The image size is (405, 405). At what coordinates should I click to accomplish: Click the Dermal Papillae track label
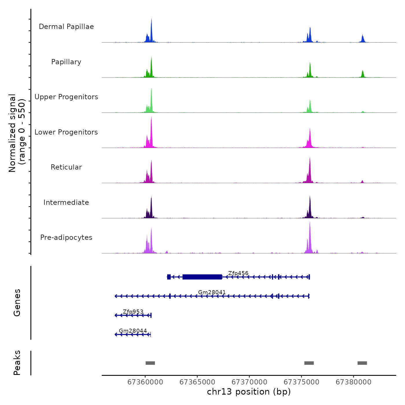pos(66,27)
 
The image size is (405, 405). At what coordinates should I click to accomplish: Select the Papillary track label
pos(66,62)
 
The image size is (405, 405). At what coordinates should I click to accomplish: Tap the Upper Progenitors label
pos(66,97)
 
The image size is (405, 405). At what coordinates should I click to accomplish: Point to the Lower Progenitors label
pos(66,132)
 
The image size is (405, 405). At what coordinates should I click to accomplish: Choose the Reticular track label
pos(66,167)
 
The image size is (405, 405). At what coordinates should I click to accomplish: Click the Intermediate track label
pos(66,203)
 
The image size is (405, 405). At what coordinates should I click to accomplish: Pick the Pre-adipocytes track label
pos(66,238)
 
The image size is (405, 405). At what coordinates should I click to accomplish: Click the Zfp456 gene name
pos(238,273)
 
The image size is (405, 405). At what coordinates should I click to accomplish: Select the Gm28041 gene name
pos(212,292)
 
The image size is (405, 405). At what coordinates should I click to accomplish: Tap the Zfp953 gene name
pos(133,312)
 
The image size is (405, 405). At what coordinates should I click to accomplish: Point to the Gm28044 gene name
pos(133,331)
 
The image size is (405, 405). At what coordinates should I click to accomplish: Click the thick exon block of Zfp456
pos(202,277)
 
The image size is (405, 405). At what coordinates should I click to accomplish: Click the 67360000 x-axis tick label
pos(145,382)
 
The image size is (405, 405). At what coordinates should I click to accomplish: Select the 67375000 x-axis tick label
pos(301,382)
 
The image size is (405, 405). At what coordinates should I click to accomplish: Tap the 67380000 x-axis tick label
pos(354,382)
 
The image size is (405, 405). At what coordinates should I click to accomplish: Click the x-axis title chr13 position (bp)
pos(249,392)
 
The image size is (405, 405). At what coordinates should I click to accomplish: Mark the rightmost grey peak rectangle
pos(362,363)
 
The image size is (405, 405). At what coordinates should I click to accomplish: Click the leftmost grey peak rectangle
pos(150,363)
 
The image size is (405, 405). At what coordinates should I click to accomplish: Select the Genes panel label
pos(17,303)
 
